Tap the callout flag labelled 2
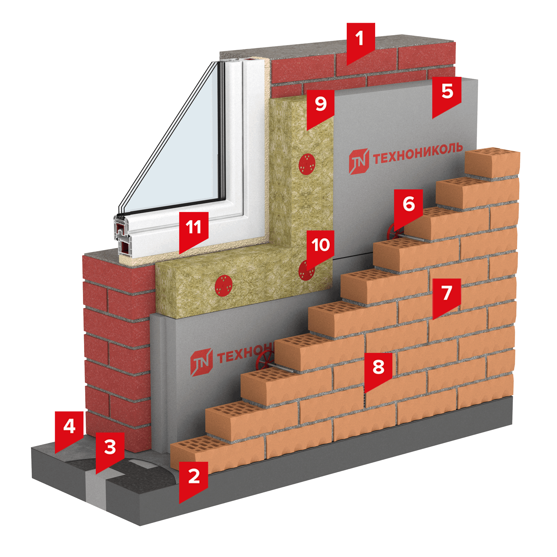tap(194, 477)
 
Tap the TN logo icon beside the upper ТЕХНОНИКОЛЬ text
tap(359, 162)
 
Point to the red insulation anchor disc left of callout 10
tap(223, 285)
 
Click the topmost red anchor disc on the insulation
tap(307, 164)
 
